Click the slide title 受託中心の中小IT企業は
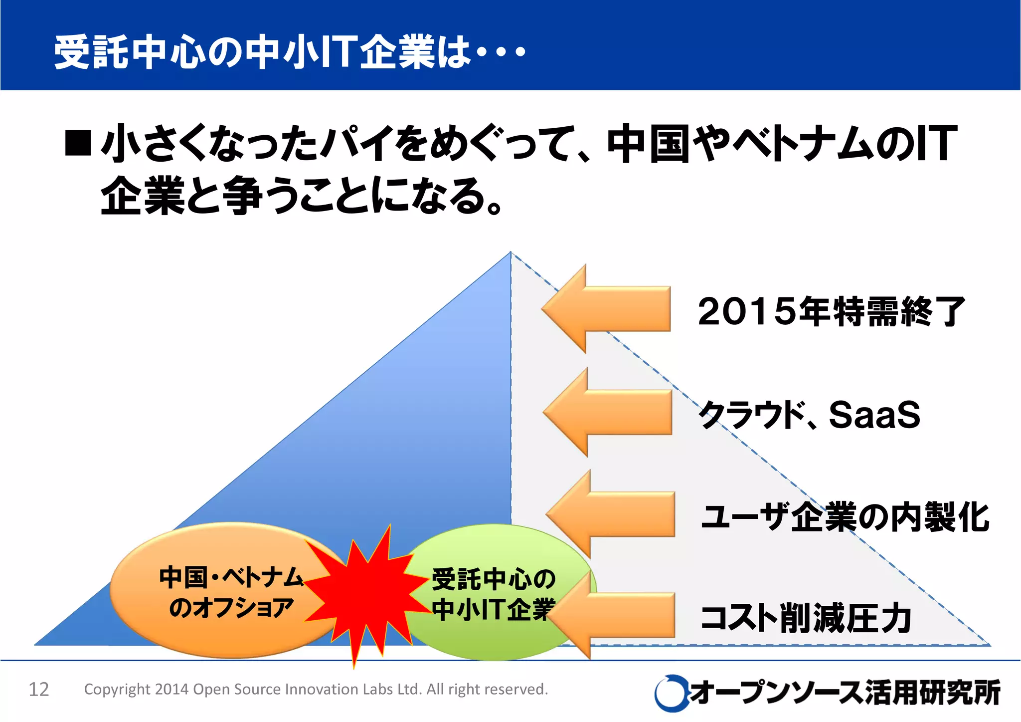(289, 51)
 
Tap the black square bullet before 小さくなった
(78, 143)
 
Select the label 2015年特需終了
(832, 311)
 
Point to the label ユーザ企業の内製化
(845, 517)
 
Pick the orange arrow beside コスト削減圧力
(618, 615)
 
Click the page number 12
(39, 690)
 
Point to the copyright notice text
(316, 689)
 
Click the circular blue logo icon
(670, 693)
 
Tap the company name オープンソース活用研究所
(845, 693)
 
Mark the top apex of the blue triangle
(510, 252)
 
